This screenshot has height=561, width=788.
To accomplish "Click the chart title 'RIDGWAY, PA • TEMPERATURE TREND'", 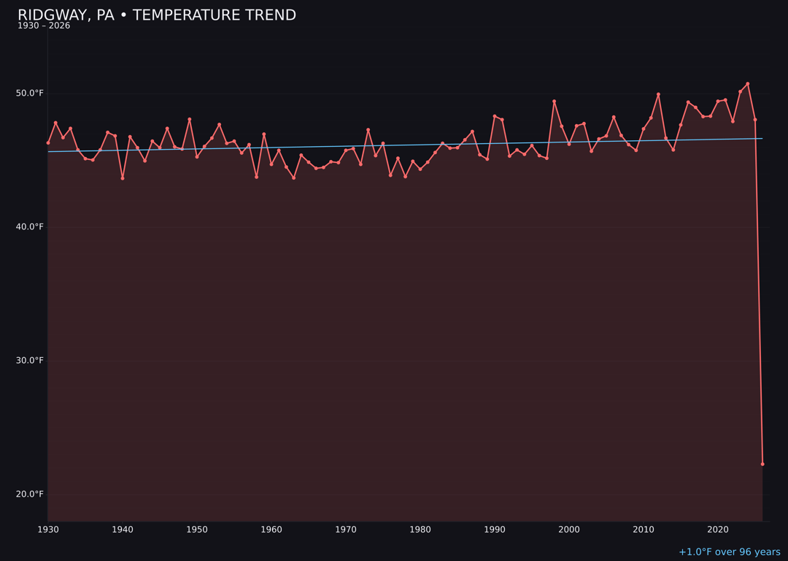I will (157, 15).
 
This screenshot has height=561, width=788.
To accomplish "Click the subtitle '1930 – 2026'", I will (44, 26).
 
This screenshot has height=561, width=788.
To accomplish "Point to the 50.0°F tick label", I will (29, 93).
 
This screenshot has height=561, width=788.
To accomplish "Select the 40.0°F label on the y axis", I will (29, 227).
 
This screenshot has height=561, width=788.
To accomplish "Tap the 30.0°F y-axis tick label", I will (29, 361).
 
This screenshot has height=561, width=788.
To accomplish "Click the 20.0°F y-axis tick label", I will (29, 495).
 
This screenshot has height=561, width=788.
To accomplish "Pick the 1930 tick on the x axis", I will (48, 530).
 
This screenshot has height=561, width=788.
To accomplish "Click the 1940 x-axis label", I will (123, 530).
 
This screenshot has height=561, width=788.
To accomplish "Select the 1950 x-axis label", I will (197, 530).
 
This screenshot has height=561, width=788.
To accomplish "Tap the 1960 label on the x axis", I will (271, 530).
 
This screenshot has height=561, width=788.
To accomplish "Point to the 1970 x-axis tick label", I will (346, 530).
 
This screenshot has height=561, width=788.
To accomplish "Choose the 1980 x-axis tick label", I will (420, 530).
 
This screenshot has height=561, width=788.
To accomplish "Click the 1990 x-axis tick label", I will (495, 530).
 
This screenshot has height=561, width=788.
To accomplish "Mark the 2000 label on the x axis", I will (569, 530).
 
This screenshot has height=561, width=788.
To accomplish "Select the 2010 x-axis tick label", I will (644, 530).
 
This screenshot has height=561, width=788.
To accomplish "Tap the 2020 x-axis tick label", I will (718, 530).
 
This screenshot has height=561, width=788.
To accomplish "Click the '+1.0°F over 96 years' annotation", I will (730, 552).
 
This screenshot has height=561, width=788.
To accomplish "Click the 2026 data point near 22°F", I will (762, 464).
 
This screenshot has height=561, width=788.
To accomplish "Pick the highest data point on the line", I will (748, 84).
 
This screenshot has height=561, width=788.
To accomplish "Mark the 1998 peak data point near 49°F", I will (554, 102).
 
